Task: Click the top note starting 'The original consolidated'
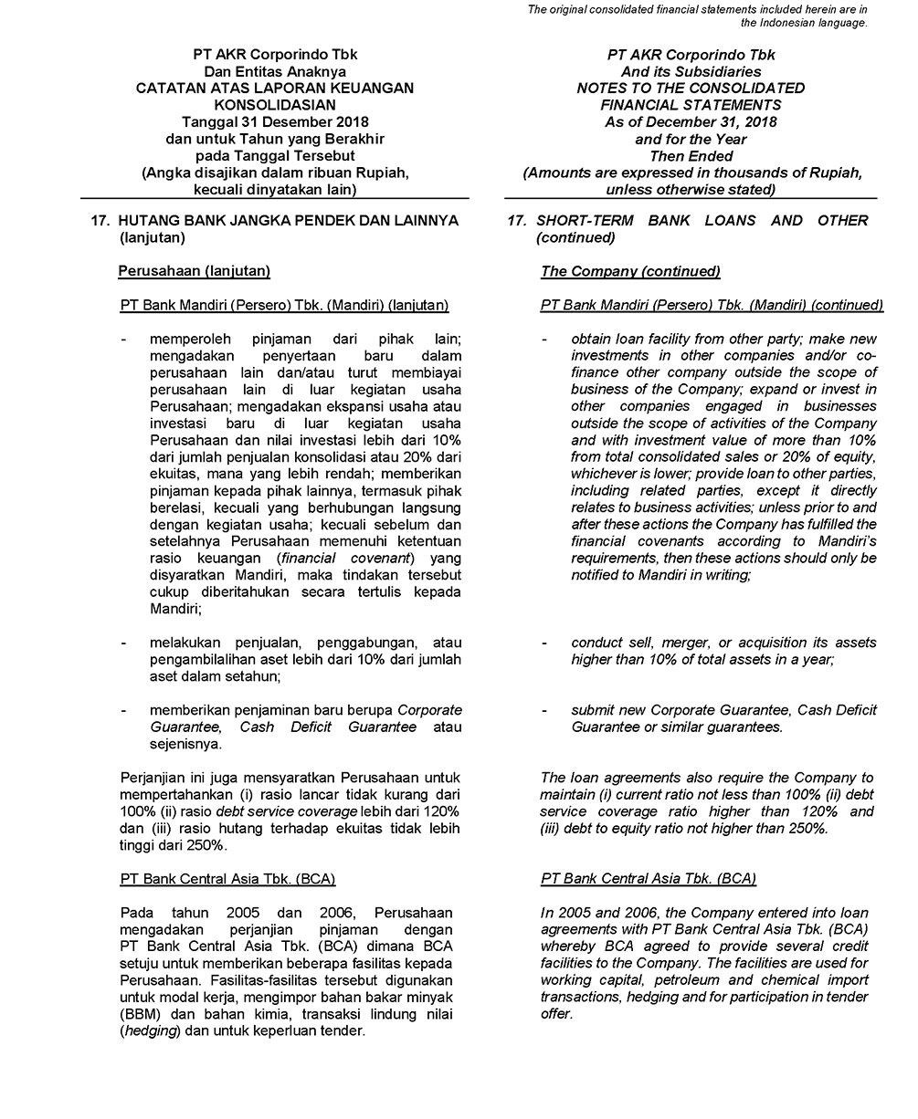697,9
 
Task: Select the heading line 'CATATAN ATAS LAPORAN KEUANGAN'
274,89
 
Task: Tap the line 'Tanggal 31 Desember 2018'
274,122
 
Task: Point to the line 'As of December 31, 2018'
691,122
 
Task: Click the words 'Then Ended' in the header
691,156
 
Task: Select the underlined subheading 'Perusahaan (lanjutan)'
195,271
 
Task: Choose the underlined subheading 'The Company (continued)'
630,271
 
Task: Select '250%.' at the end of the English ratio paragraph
808,829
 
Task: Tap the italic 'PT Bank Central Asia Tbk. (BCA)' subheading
648,879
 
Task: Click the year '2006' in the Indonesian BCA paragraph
337,913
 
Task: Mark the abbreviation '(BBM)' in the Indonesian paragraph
141,1015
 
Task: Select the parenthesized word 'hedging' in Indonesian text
152,1031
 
